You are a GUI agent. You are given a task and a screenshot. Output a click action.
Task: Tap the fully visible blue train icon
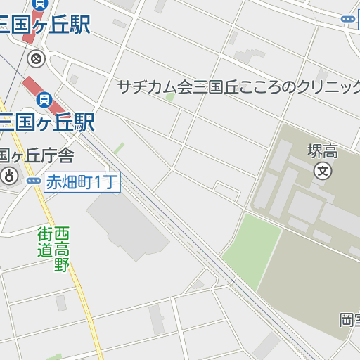44,101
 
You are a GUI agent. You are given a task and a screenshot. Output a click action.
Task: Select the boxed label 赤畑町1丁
82,183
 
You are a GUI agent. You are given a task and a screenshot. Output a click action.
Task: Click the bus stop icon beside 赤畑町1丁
34,181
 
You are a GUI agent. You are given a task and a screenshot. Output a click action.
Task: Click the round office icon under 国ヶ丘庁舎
9,176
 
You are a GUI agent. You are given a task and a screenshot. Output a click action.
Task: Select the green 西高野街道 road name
54,249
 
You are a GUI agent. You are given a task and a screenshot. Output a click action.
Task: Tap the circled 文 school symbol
323,169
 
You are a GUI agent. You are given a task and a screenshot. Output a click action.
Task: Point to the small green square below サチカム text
169,96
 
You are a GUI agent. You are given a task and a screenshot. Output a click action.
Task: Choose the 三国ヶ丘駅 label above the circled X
46,25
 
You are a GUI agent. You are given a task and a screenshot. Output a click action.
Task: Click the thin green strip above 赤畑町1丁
119,148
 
